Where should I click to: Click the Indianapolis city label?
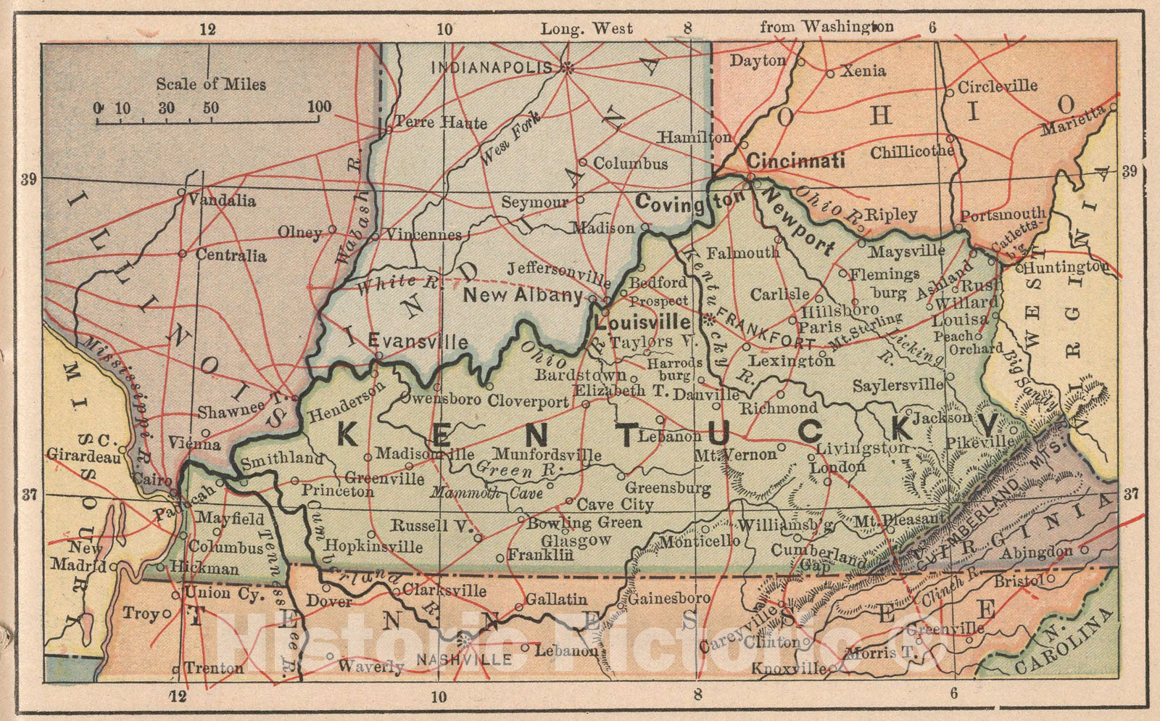492,67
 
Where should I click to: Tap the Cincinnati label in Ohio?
796,160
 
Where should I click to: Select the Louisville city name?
642,321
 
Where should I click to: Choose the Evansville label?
418,341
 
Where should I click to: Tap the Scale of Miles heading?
211,84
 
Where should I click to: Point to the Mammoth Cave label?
486,493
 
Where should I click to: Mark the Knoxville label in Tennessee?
788,668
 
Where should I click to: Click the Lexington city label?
792,360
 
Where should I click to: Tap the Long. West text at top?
587,29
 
